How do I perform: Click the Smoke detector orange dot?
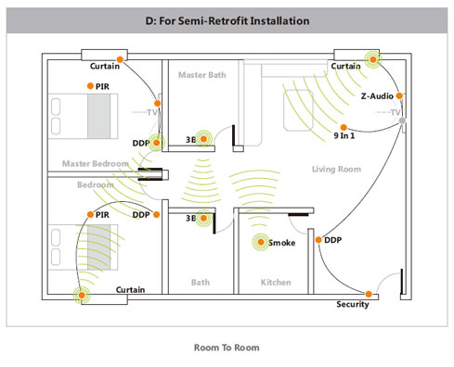pyautogui.click(x=261, y=242)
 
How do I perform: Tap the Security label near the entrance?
pyautogui.click(x=353, y=304)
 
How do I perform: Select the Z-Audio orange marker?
pyautogui.click(x=399, y=95)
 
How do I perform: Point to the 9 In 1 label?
pyautogui.click(x=344, y=135)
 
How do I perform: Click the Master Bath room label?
pyautogui.click(x=202, y=75)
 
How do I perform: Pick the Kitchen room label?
pyautogui.click(x=276, y=282)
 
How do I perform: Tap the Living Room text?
pyautogui.click(x=336, y=169)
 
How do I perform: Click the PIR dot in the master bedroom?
pyautogui.click(x=90, y=86)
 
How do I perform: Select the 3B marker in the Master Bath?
pyautogui.click(x=203, y=139)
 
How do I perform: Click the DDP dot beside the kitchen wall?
pyautogui.click(x=318, y=240)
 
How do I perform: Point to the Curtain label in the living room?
pyautogui.click(x=345, y=66)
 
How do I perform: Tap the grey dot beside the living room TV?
pyautogui.click(x=402, y=120)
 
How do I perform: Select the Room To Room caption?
pyautogui.click(x=227, y=348)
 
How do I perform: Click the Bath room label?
pyautogui.click(x=201, y=282)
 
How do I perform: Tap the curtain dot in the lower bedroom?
pyautogui.click(x=82, y=295)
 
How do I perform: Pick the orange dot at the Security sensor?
pyautogui.click(x=369, y=294)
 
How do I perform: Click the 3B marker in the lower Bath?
pyautogui.click(x=203, y=218)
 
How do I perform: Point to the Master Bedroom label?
pyautogui.click(x=96, y=163)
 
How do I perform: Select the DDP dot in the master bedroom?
pyautogui.click(x=157, y=143)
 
